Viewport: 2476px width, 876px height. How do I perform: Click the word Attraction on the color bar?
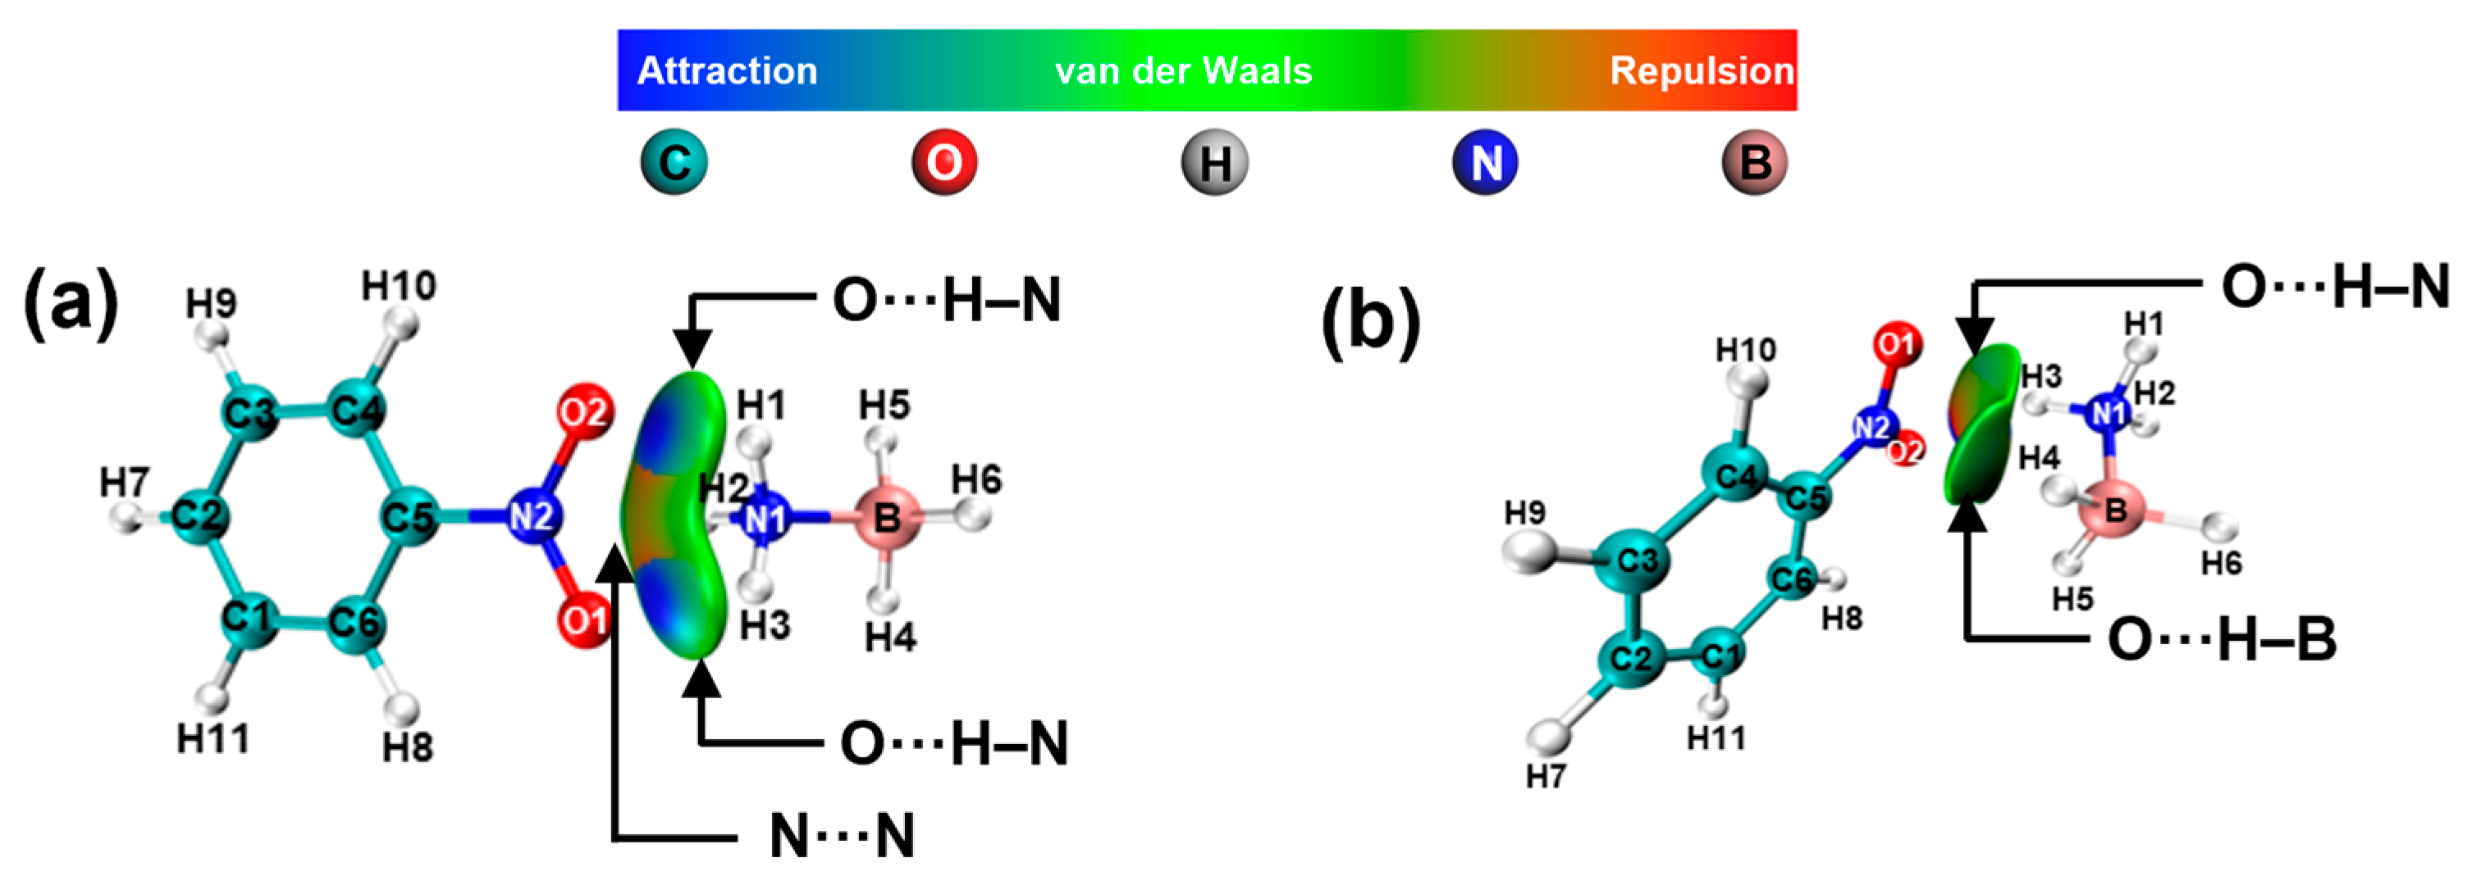[727, 71]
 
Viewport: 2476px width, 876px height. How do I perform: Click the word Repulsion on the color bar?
[1702, 71]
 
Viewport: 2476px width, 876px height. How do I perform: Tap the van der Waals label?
[1183, 71]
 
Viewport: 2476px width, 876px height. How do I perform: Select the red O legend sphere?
[943, 162]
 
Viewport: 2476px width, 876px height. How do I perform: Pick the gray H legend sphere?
[1215, 162]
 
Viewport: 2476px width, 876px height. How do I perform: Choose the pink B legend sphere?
[1754, 162]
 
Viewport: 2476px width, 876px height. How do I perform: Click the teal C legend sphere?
[674, 162]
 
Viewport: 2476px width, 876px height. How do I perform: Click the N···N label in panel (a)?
[842, 836]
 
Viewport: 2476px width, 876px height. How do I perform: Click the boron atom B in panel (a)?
[886, 518]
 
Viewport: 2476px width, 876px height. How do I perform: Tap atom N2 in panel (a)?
[532, 517]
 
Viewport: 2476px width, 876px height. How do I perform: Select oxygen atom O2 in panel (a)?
[583, 413]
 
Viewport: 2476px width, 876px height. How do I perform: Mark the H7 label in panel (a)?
[125, 481]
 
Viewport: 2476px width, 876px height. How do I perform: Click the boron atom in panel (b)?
[2113, 509]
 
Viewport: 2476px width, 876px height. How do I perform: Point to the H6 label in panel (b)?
[2222, 563]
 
